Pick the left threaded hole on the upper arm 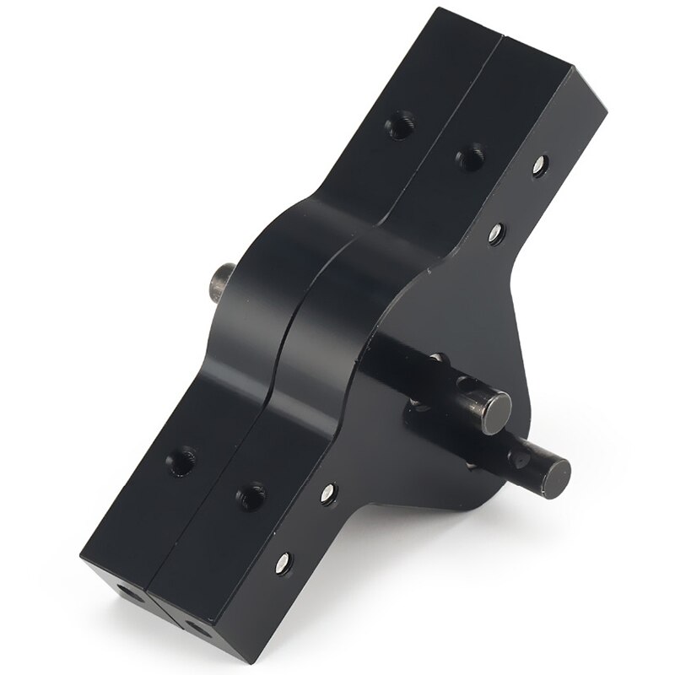pyautogui.click(x=399, y=127)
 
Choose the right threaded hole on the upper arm pyautogui.click(x=470, y=155)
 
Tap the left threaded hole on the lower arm pyautogui.click(x=181, y=461)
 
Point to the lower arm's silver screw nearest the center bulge pyautogui.click(x=328, y=493)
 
